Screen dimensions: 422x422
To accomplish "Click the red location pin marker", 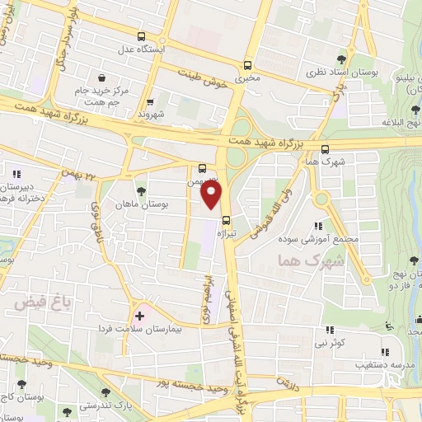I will [212, 195].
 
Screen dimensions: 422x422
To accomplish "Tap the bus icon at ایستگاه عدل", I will [141, 36].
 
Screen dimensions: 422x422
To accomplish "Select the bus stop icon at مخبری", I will [248, 65].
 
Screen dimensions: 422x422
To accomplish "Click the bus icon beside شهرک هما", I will [325, 149].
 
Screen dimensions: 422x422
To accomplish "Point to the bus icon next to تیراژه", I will [226, 220].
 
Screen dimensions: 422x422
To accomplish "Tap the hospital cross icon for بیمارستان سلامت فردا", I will [139, 315].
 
